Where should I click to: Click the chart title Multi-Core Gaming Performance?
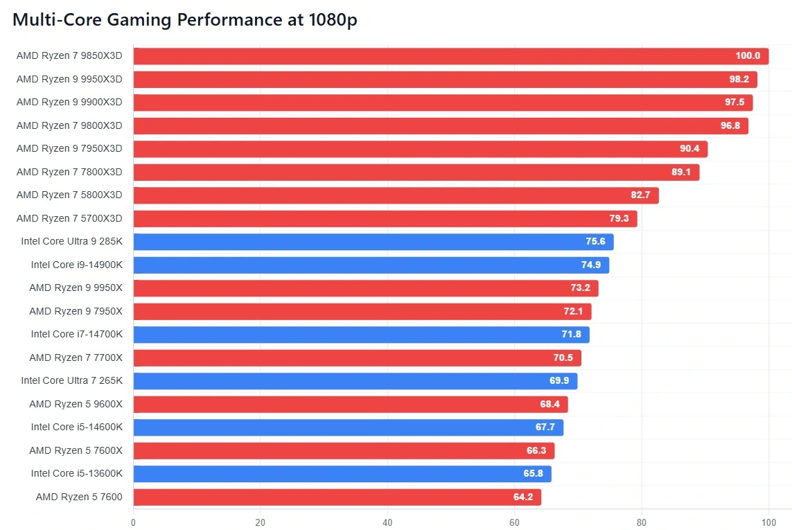click(185, 20)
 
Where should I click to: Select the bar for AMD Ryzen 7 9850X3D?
click(450, 56)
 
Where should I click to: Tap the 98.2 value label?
click(739, 80)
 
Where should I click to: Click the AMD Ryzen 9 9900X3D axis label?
click(69, 103)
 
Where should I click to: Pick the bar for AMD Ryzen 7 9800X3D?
click(440, 126)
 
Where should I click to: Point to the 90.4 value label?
click(689, 149)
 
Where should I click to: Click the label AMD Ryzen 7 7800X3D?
click(69, 172)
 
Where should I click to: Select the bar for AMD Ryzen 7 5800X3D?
click(395, 195)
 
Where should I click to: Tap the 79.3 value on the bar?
click(619, 219)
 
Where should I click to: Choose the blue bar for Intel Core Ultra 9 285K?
click(373, 242)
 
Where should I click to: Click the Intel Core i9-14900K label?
click(76, 265)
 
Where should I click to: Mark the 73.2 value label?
click(580, 288)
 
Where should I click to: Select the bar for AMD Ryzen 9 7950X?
click(362, 312)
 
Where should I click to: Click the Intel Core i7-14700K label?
click(76, 335)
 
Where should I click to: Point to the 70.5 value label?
click(563, 358)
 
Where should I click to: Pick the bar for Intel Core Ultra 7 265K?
click(355, 381)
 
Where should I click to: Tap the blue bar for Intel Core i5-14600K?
click(348, 427)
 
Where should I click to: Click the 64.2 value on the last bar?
click(522, 497)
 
